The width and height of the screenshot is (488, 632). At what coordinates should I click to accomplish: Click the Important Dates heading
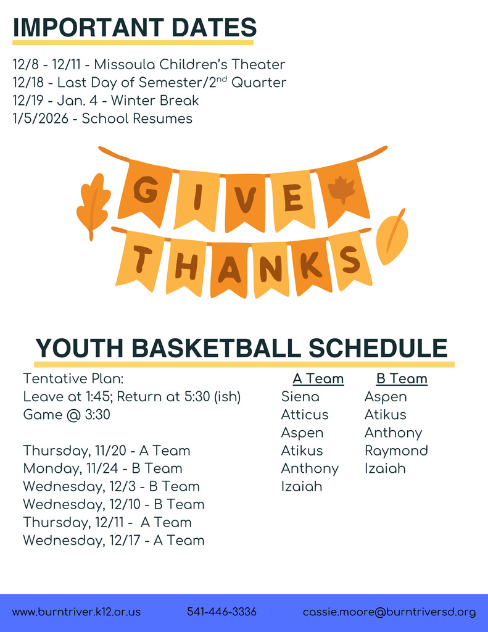[x=134, y=28]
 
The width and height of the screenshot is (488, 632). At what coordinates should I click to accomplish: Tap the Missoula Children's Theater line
[x=149, y=64]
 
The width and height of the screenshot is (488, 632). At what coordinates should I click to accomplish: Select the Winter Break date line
[x=105, y=100]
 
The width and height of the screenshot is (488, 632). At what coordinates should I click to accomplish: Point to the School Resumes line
[x=102, y=118]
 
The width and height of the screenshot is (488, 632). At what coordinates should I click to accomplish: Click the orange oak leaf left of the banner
[x=93, y=204]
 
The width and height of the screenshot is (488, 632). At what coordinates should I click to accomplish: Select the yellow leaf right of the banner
[x=392, y=238]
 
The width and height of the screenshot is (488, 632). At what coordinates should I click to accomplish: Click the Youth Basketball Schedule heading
[x=241, y=348]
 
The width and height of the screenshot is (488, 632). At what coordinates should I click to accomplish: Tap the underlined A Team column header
[x=318, y=378]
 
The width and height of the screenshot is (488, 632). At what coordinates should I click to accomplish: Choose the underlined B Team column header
[x=402, y=378]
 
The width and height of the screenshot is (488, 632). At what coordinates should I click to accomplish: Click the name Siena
[x=300, y=396]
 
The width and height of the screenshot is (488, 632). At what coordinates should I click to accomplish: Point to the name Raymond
[x=395, y=451]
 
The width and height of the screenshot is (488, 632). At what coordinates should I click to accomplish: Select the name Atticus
[x=305, y=414]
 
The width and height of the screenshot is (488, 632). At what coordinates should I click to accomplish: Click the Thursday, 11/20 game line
[x=106, y=451]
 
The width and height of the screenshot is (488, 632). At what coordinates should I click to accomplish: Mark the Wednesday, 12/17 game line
[x=114, y=540]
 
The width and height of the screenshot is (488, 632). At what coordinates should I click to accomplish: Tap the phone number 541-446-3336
[x=221, y=612]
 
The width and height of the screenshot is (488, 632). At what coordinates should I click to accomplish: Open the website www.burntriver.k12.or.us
[x=77, y=612]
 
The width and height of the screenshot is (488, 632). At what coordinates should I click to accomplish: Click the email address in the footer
[x=389, y=612]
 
